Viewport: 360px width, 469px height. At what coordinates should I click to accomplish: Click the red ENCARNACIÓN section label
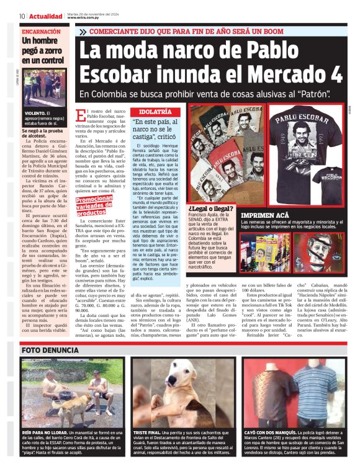click(42, 31)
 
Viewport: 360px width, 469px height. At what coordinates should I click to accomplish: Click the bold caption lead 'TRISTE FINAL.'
click(148, 430)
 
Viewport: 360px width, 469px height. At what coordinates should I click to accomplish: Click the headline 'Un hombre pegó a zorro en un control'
click(42, 50)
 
